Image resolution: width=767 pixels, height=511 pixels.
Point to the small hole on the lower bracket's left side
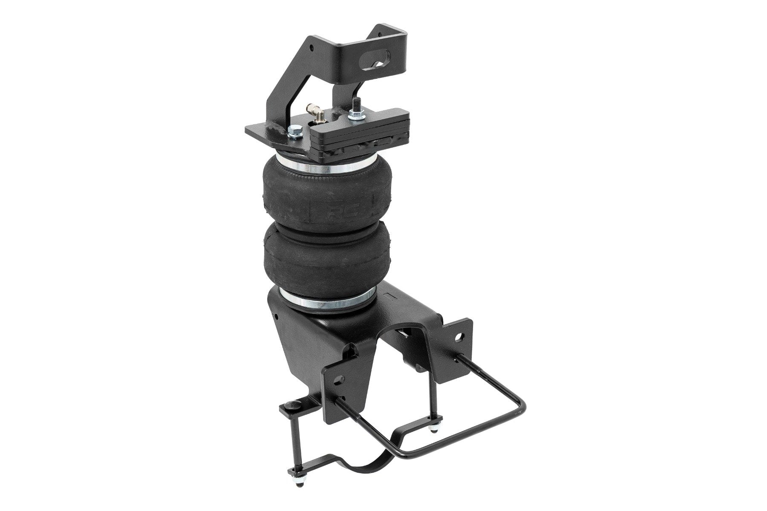[x=277, y=317]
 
